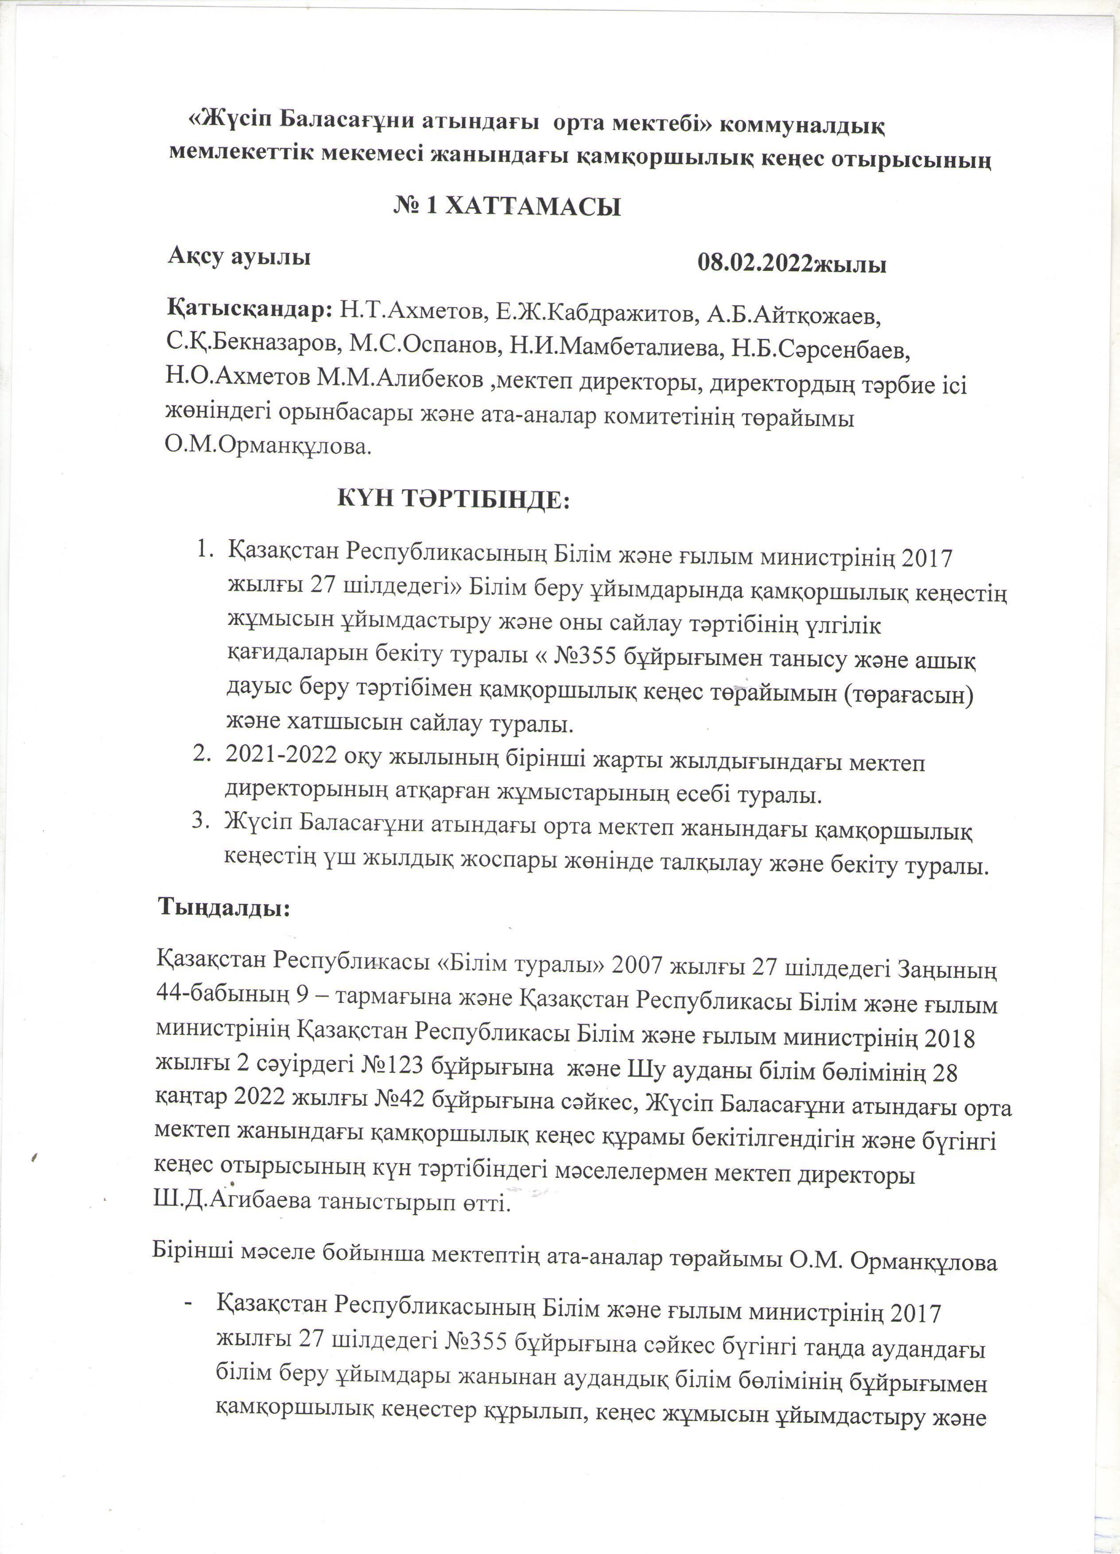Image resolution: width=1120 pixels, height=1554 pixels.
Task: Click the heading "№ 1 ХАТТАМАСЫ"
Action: pos(507,206)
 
